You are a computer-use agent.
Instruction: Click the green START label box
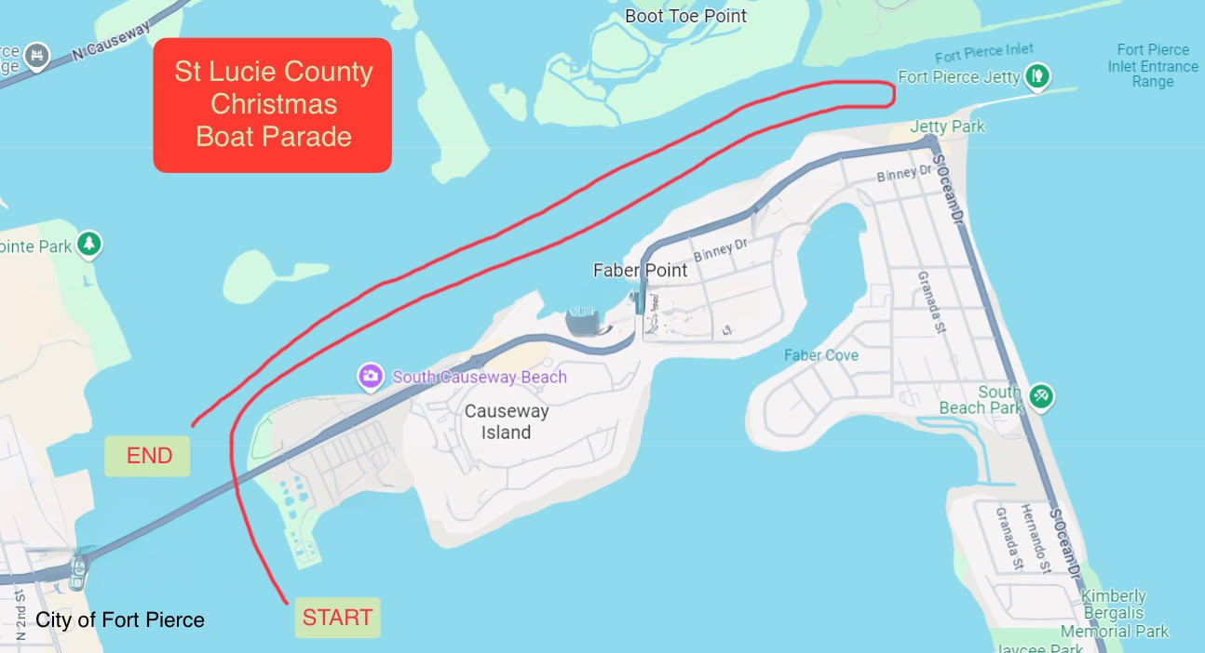(337, 618)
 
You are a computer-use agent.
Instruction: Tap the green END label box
(148, 456)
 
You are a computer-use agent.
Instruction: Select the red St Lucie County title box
(273, 105)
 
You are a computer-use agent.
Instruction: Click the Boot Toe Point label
(685, 16)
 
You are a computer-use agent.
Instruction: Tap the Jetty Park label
(947, 126)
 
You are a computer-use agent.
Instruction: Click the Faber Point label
(640, 271)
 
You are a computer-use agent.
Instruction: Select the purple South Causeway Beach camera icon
(371, 377)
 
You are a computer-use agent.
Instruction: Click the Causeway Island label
(507, 421)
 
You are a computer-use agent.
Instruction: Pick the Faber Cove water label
(821, 355)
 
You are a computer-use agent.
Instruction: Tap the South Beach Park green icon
(1042, 397)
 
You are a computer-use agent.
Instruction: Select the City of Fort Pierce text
(120, 620)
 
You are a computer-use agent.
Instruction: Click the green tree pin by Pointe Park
(88, 245)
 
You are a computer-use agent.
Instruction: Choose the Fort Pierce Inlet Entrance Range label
(1153, 66)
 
